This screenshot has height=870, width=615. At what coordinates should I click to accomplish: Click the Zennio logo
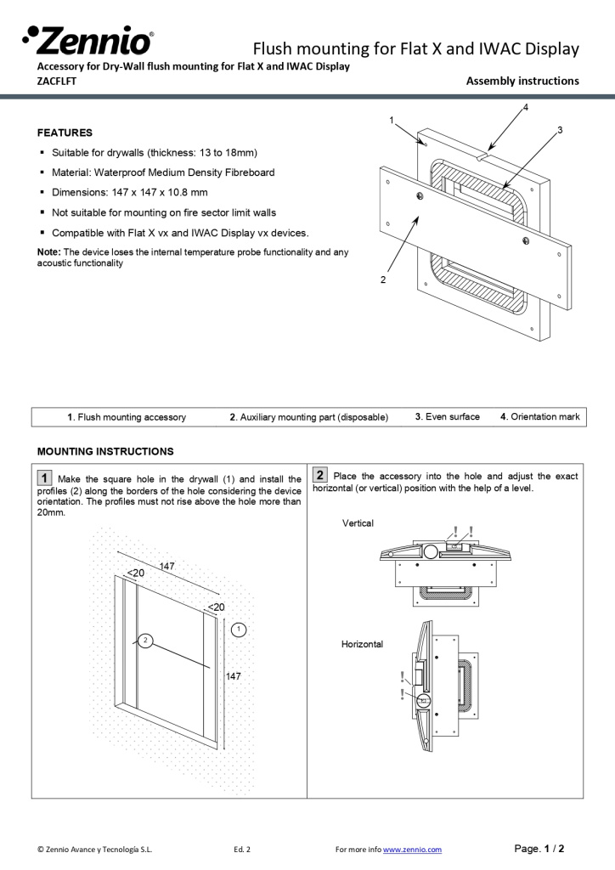tap(88, 41)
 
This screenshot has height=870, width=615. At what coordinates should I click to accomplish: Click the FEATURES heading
tap(65, 133)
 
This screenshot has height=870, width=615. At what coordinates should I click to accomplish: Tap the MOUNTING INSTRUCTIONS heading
tap(105, 451)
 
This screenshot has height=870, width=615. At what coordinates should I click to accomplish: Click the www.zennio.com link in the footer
tap(412, 849)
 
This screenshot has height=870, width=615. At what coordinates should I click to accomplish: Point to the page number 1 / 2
tap(540, 848)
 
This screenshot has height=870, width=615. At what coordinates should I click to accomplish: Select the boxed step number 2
tap(321, 475)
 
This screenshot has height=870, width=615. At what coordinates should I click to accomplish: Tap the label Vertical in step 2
tap(358, 523)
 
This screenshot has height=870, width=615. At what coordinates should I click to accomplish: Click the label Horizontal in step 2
tap(362, 644)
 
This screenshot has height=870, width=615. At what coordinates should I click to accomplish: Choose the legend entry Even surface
tap(447, 416)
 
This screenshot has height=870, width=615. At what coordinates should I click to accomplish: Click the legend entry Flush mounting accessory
tap(127, 417)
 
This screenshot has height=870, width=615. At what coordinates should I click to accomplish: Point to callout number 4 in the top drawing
tap(526, 108)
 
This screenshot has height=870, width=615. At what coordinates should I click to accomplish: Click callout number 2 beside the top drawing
tap(383, 279)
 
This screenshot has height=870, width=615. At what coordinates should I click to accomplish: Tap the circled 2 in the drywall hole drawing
tap(145, 641)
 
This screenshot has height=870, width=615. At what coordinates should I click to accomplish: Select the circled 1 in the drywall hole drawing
tap(240, 629)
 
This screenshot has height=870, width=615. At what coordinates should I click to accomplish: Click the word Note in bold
tap(49, 252)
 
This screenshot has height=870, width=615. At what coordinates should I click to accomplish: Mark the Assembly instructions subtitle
tap(522, 82)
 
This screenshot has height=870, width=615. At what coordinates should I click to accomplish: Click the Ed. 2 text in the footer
tap(241, 849)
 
